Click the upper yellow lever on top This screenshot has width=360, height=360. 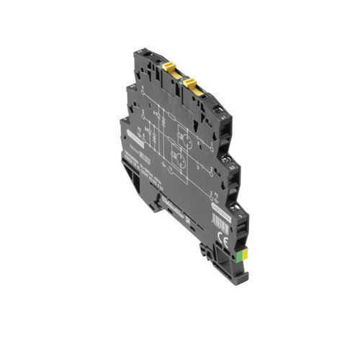tap(169, 69)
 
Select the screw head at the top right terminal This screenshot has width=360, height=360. tap(220, 107)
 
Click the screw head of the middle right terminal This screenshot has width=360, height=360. tap(230, 164)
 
